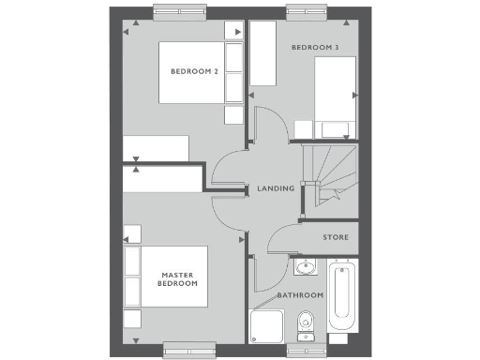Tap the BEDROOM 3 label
click(x=314, y=47)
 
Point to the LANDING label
click(x=276, y=188)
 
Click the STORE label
click(x=335, y=238)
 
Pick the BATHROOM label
click(x=300, y=295)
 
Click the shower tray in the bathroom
click(x=269, y=327)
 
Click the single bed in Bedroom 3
click(x=335, y=94)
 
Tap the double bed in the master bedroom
click(x=173, y=278)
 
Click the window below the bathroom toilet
click(x=307, y=349)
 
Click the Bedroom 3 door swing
click(x=266, y=124)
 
